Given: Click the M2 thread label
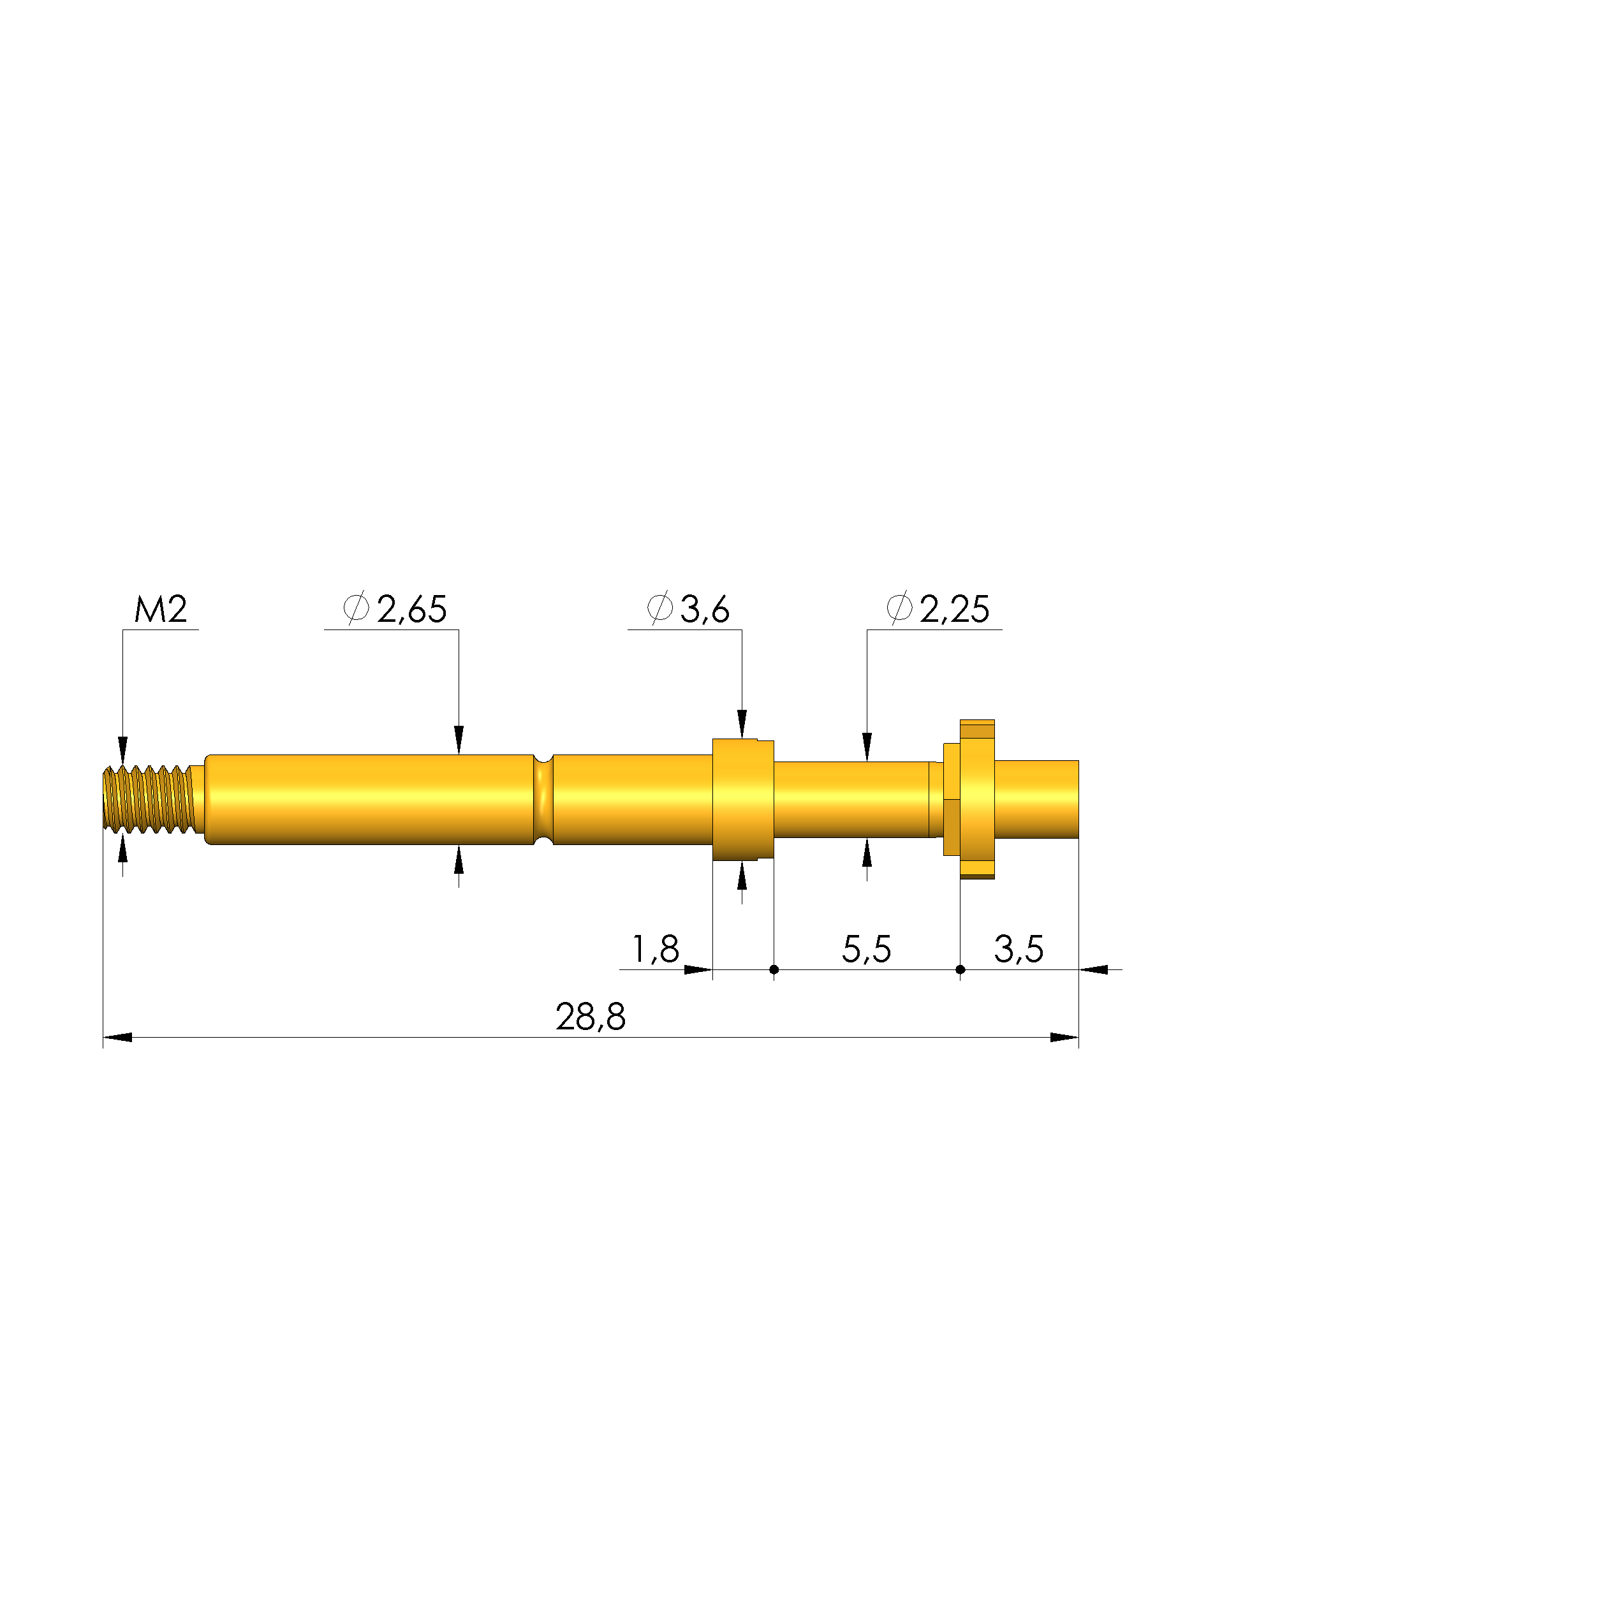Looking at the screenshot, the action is pos(161,609).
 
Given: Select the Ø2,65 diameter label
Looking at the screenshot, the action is pos(395,609).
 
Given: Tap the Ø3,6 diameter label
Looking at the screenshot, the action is pos(688,609).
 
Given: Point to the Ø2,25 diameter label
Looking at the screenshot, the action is pos(938,609).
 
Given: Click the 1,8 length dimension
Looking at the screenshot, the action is pos(656,949).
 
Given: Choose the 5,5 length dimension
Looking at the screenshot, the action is pos(866,949).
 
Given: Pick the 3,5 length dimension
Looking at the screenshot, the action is pos(1019,949).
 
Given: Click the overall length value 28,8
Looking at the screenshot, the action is pos(590,1017).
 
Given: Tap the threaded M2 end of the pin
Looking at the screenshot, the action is pos(149,799).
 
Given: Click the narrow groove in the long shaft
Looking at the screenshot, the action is pos(543,799).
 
